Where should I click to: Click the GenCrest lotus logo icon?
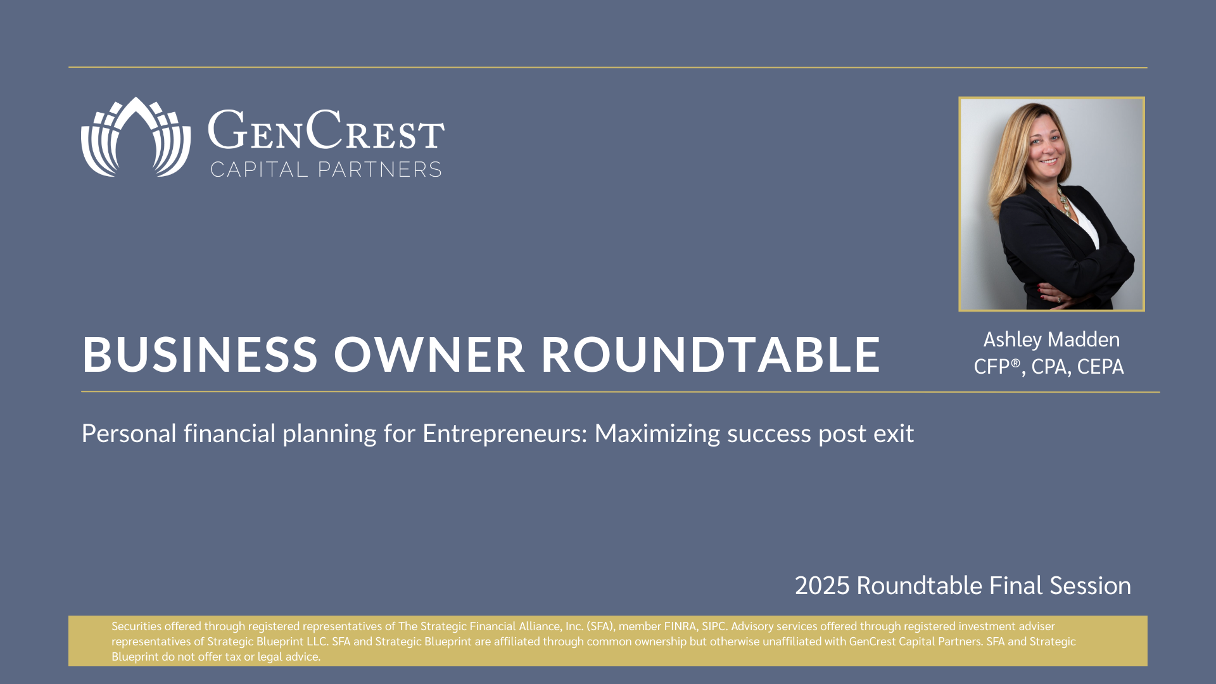pos(136,137)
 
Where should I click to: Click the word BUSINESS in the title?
pos(199,354)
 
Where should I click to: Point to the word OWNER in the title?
pos(429,354)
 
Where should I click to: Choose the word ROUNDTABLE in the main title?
pos(711,354)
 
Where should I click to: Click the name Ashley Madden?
pos(1051,340)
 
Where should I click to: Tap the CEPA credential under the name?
pos(1100,367)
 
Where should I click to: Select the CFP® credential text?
pos(997,367)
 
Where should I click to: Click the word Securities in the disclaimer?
pos(137,626)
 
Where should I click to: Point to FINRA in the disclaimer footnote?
pos(680,626)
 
